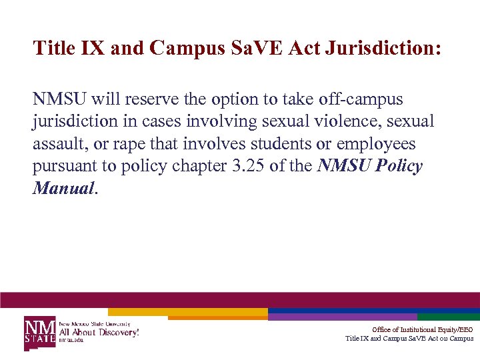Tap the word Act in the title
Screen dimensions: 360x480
pyautogui.click(x=309, y=49)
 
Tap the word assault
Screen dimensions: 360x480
pyautogui.click(x=58, y=144)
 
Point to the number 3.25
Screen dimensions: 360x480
pyautogui.click(x=245, y=167)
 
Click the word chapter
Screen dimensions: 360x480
pyautogui.click(x=193, y=167)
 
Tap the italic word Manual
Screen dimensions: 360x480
pyautogui.click(x=63, y=189)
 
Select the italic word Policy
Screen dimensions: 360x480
pyautogui.click(x=399, y=167)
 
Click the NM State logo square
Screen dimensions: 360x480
pyautogui.click(x=40, y=332)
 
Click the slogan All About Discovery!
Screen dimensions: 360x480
pyautogui.click(x=99, y=331)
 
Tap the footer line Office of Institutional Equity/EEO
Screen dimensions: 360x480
pyautogui.click(x=423, y=329)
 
